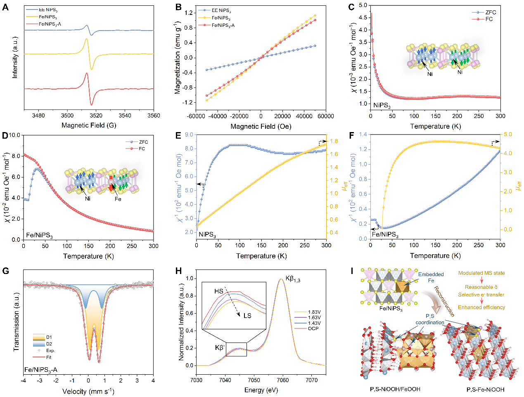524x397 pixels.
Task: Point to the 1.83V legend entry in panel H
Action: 314,312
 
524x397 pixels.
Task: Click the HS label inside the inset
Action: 219,291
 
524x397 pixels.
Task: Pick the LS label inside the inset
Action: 247,316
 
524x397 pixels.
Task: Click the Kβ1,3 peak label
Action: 293,279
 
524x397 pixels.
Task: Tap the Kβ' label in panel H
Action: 219,348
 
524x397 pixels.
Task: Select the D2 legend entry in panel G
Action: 49,344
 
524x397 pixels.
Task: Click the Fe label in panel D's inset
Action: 118,199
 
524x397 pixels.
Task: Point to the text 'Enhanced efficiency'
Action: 481,307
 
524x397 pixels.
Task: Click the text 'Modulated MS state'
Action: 481,273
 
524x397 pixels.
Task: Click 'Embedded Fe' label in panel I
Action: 431,277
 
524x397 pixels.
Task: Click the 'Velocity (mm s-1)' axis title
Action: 88,391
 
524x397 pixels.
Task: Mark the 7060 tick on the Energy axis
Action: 283,380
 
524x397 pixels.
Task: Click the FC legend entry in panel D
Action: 142,149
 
